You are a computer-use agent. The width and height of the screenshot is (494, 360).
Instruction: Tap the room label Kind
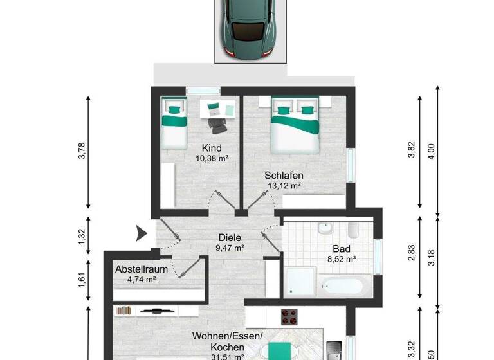coord(212,147)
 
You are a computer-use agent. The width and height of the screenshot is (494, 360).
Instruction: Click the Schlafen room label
coord(284,175)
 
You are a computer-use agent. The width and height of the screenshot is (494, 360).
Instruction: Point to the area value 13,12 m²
coord(284,186)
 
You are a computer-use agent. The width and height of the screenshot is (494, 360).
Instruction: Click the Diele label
coord(229,236)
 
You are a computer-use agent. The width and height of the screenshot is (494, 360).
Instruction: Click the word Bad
coord(341,249)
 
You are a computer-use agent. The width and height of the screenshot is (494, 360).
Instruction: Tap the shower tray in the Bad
coord(300,282)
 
